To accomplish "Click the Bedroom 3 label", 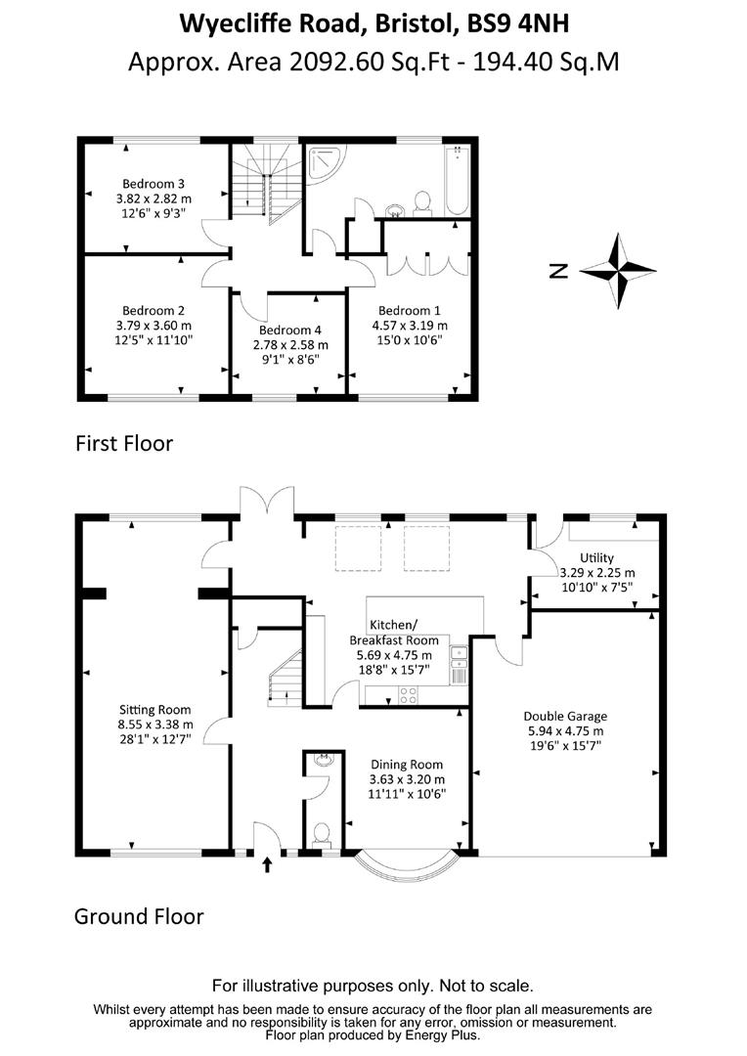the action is point(154,184).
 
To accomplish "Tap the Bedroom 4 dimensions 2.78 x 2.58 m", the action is point(291,345).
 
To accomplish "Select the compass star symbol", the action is point(617,271).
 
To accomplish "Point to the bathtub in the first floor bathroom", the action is point(457,181).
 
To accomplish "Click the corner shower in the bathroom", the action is point(326,164).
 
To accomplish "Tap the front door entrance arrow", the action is point(267,864).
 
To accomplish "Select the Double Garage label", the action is point(565,717).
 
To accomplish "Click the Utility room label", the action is point(596,557).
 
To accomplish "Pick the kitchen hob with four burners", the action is point(408,696).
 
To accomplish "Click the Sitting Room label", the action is point(154,710).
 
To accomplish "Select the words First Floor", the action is point(124,443).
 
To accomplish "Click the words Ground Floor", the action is point(139,916).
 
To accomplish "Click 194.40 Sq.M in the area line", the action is point(547,62).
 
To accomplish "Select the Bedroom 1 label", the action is point(410,311).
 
